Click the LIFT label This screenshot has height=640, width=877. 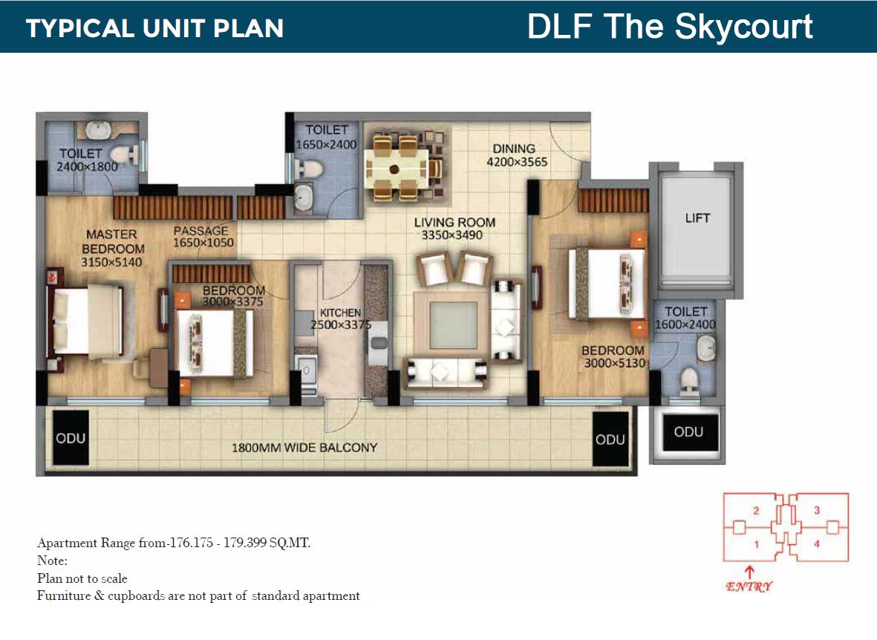coord(697,218)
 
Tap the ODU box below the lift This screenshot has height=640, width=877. coord(688,432)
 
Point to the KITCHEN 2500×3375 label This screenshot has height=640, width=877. coord(340,319)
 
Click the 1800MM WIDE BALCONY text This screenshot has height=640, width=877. coord(304,448)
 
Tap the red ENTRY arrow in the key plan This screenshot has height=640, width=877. coord(749,572)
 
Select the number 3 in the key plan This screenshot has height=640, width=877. coord(816,510)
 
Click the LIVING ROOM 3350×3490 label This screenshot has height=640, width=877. coord(454,229)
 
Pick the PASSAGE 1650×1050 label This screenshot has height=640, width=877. coord(203,237)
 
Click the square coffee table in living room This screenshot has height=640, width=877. coord(453,324)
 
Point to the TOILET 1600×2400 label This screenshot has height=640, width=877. coord(685,319)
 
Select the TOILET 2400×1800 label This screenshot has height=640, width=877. coord(87,160)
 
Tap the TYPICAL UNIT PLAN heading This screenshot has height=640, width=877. coord(155,28)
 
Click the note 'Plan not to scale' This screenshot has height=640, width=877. coord(82,578)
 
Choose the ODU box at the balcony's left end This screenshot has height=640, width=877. coord(71,438)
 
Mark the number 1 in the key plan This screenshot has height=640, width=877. coord(756,544)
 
